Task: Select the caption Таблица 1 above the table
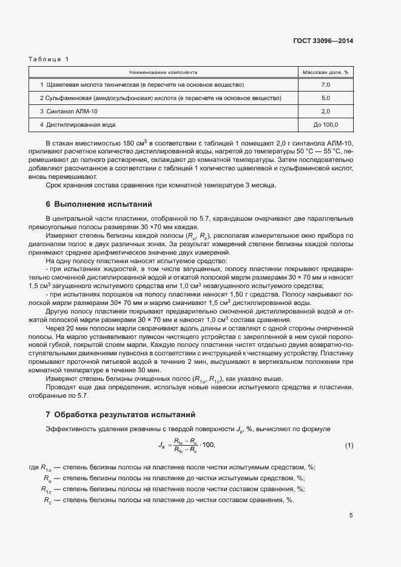tap(49, 59)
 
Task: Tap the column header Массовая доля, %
tap(325, 72)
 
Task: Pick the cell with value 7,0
tap(325, 84)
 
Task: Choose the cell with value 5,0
tap(325, 98)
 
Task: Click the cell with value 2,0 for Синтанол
tap(325, 111)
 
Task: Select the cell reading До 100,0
tap(325, 125)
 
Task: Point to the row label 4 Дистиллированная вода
tap(77, 125)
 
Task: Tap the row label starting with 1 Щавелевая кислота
tap(141, 84)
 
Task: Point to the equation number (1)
tap(349, 446)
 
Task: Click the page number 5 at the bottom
tap(351, 516)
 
